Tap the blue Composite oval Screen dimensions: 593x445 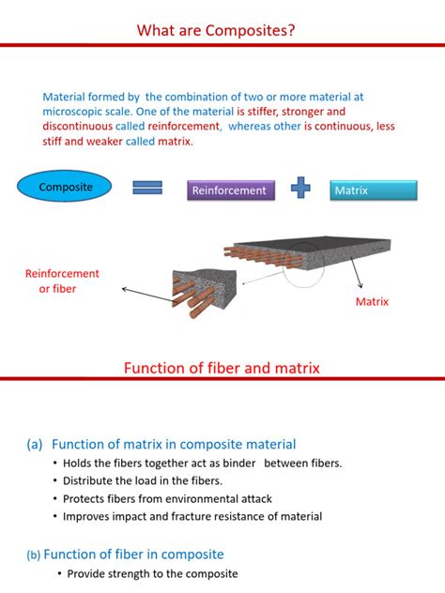point(66,188)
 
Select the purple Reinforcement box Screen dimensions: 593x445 point(229,190)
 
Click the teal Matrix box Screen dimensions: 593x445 point(374,190)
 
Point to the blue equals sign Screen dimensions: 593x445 point(148,189)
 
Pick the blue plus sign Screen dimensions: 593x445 point(300,189)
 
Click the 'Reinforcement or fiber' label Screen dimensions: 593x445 point(62,281)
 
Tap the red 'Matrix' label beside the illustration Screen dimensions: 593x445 point(372,302)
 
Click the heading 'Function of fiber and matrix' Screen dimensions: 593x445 point(222,369)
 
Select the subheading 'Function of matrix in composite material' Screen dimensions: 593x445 point(174,444)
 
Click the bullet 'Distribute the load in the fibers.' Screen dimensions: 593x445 point(143,480)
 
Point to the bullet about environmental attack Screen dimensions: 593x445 point(167,498)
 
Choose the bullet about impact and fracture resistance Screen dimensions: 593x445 point(192,516)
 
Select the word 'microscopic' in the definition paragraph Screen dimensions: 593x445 point(75,110)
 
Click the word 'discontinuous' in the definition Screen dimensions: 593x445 point(78,125)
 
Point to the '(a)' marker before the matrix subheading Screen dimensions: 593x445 point(34,445)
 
